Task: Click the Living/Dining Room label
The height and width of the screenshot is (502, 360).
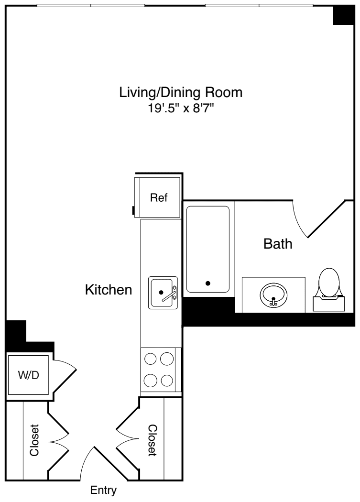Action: [181, 92]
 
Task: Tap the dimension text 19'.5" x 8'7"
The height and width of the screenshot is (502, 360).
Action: [181, 109]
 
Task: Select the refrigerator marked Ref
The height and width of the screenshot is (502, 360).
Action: [158, 198]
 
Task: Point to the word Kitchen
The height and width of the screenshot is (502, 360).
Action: [109, 290]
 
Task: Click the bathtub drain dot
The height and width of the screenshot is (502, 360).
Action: [207, 283]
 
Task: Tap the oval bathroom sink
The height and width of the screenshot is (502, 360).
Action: [273, 295]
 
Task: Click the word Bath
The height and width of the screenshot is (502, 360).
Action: [278, 244]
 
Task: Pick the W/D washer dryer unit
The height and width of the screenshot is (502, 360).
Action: [28, 375]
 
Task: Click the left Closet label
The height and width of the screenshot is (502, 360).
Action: [34, 440]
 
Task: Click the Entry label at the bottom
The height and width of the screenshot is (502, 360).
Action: [103, 491]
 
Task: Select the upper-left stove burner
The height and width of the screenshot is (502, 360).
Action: [151, 359]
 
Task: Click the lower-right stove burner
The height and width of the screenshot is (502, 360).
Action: [167, 381]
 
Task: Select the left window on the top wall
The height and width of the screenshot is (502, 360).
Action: [91, 6]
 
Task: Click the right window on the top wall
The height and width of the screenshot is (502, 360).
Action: [259, 6]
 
